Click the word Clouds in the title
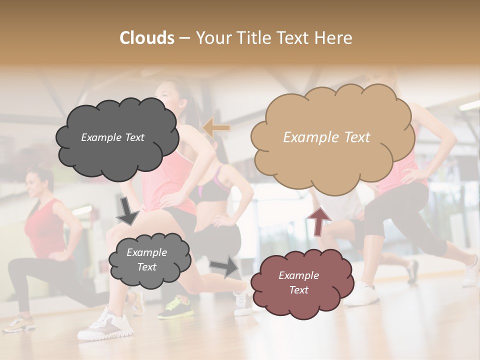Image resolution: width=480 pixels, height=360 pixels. pos(147,38)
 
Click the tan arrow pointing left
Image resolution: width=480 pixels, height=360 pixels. pos(216,128)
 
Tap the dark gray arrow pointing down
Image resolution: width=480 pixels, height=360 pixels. pos(127,210)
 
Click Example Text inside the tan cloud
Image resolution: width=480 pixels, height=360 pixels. pos(326,137)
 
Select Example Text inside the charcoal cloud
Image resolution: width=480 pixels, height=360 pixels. pos(112,137)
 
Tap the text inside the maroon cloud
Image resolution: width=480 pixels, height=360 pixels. pos(298,282)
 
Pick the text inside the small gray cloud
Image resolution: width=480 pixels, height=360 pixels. pos(146,259)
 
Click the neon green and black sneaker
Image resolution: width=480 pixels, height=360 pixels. pos(174,307)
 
